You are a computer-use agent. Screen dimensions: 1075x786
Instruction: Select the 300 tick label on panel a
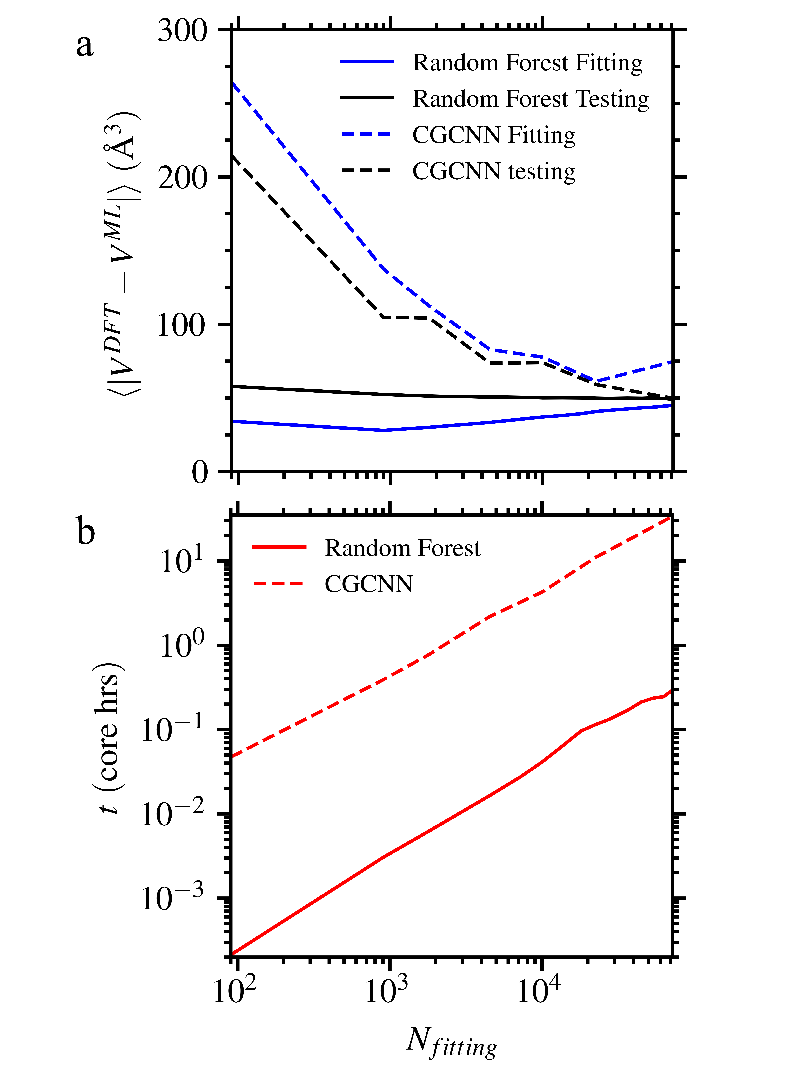[183, 31]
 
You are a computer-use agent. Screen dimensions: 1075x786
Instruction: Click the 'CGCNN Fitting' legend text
[494, 135]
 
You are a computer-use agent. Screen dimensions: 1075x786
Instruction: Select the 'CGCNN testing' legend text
[494, 171]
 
